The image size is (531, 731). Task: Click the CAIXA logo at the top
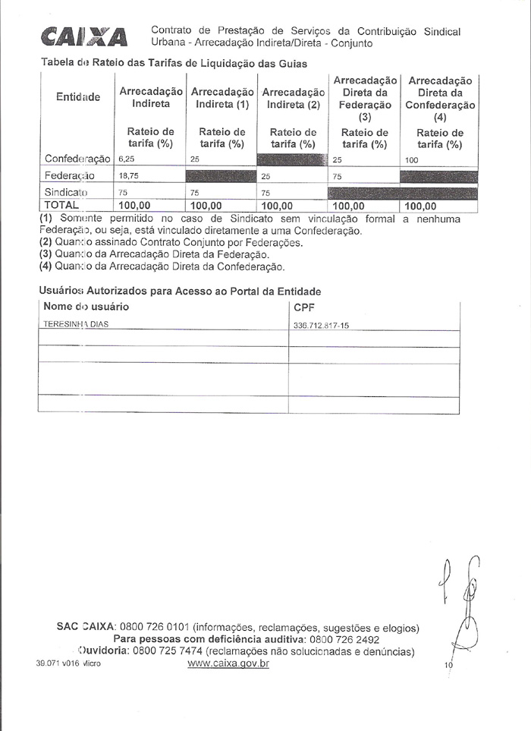(84, 36)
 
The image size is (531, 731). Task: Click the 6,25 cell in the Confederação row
(126, 160)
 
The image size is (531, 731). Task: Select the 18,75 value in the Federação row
(128, 175)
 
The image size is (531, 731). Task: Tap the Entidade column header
(77, 97)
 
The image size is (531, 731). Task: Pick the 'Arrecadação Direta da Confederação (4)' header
(440, 99)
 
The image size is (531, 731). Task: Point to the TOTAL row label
(62, 205)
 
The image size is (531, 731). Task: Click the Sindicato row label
(68, 192)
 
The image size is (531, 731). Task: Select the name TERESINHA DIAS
(76, 324)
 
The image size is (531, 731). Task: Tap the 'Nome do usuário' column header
(86, 307)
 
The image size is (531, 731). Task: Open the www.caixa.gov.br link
(228, 663)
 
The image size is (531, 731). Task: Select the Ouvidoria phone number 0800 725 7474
(168, 651)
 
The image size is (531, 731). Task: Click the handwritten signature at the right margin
(463, 600)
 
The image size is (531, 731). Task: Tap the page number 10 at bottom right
(448, 665)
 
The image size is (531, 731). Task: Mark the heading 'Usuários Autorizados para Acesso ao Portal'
(180, 291)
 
